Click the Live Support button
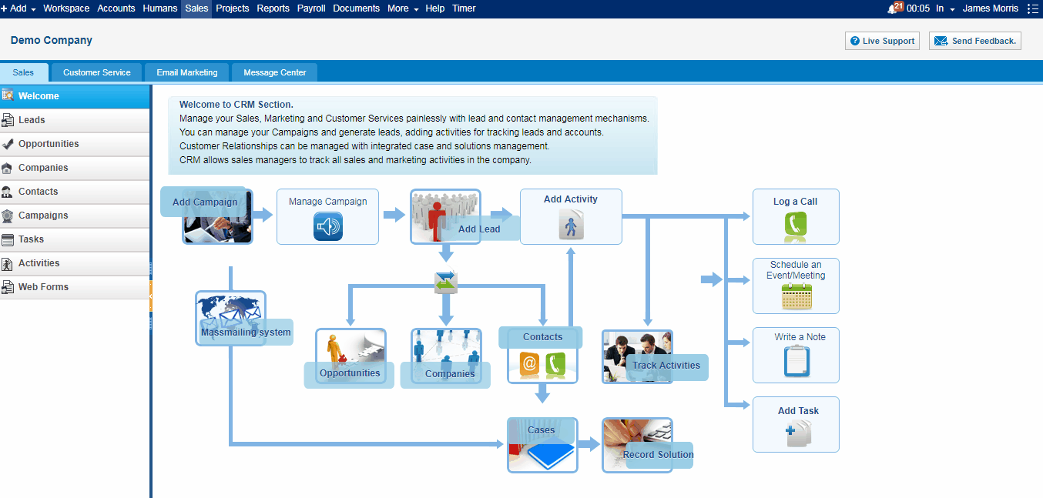coord(882,41)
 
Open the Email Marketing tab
coord(186,72)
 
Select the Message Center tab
coord(275,72)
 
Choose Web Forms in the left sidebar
coord(43,287)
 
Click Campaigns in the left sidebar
coord(43,216)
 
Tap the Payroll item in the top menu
coord(311,8)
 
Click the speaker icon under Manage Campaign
coord(328,226)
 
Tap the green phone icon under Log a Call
coord(795,224)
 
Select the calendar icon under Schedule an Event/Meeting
coord(797,296)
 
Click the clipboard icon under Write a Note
coord(797,361)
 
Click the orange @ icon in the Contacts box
coord(529,363)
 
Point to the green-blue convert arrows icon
coord(445,282)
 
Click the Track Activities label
coord(666,366)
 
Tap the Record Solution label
coord(658,455)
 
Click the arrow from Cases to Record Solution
coord(589,444)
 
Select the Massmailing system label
coord(246,333)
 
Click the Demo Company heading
coord(51,41)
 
